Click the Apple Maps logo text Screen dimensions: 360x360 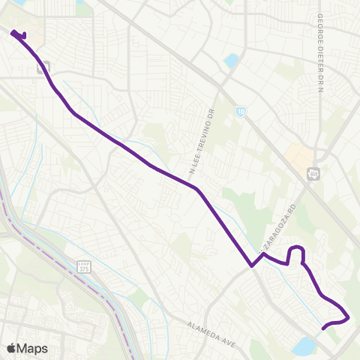tap(26, 348)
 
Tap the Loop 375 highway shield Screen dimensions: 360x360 tap(84, 266)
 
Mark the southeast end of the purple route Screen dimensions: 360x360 tap(323, 328)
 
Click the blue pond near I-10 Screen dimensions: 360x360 tap(232, 60)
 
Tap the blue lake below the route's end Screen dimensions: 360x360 tap(305, 346)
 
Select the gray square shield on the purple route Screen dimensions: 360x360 tap(43, 67)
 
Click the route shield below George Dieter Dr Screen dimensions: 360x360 tap(313, 174)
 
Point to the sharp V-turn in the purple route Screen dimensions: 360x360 tap(252, 265)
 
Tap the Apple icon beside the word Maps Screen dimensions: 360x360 tap(10, 348)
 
